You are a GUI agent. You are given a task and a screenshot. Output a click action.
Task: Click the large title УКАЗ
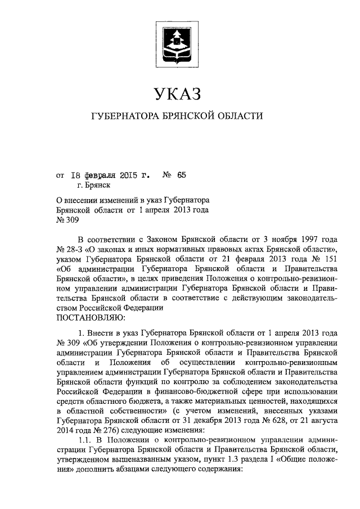(x=177, y=92)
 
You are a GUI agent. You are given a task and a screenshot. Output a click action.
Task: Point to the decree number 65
(x=181, y=175)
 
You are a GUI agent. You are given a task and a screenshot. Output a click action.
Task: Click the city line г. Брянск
(x=94, y=184)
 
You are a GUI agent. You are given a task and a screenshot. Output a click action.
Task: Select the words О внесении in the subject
(x=78, y=200)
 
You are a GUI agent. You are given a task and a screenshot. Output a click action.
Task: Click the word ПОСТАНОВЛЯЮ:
(x=90, y=318)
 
